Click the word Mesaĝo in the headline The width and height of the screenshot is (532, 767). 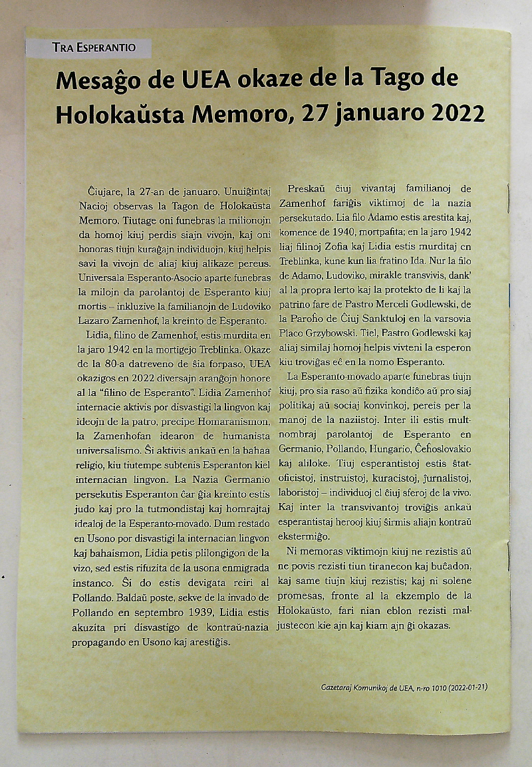point(98,80)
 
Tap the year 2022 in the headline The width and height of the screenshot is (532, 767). point(458,114)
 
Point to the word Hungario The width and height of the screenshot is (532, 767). point(381,433)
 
